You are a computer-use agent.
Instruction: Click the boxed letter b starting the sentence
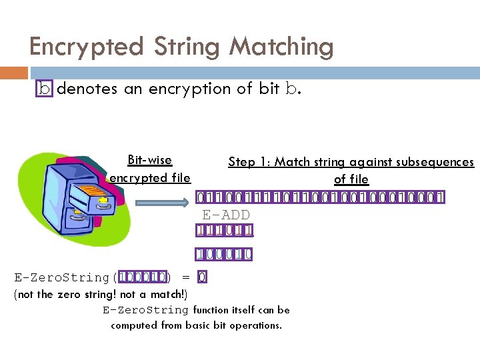click(44, 89)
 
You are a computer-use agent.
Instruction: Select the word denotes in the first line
click(87, 89)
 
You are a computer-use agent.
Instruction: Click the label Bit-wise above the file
click(149, 160)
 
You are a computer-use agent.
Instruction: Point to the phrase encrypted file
click(149, 177)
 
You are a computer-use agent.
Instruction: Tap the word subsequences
click(434, 162)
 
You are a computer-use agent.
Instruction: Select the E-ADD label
click(226, 214)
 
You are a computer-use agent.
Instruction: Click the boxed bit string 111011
click(225, 231)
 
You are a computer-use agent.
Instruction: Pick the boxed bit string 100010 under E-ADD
click(224, 254)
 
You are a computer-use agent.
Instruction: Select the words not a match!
click(153, 294)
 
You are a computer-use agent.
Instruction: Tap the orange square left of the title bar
click(14, 73)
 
